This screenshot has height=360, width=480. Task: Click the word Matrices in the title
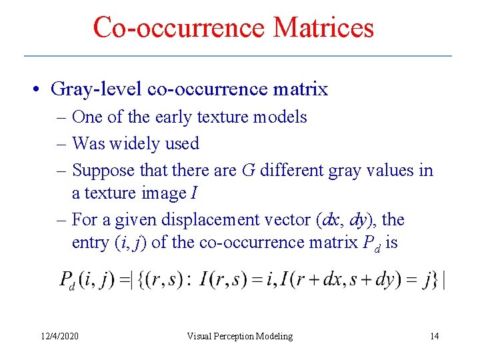coord(323,28)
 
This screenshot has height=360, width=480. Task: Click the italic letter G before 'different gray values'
coord(248,171)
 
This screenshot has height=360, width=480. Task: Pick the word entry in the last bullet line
coord(89,243)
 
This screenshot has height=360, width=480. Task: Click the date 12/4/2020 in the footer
coord(59,337)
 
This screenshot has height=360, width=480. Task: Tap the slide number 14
coord(435,337)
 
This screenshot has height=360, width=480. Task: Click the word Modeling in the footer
coord(276,337)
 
